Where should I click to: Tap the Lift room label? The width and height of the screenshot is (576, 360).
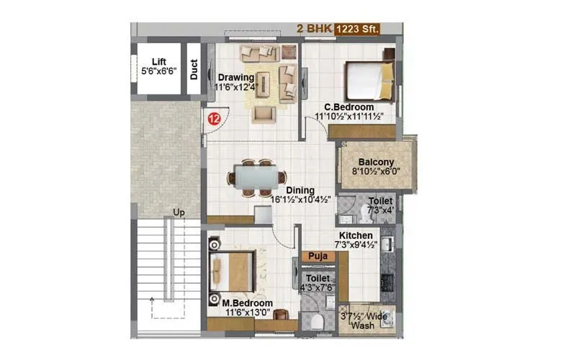click(159, 61)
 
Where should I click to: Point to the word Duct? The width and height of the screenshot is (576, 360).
click(194, 69)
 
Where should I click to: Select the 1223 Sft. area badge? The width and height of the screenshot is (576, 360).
click(354, 29)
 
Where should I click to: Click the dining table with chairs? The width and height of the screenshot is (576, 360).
click(257, 176)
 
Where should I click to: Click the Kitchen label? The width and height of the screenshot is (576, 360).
click(356, 235)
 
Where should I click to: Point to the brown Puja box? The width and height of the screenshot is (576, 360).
click(318, 256)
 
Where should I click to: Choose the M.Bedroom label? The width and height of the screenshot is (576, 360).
click(242, 303)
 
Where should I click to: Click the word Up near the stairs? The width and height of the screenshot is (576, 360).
click(179, 212)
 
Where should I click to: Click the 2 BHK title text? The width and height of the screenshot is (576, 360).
click(312, 29)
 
